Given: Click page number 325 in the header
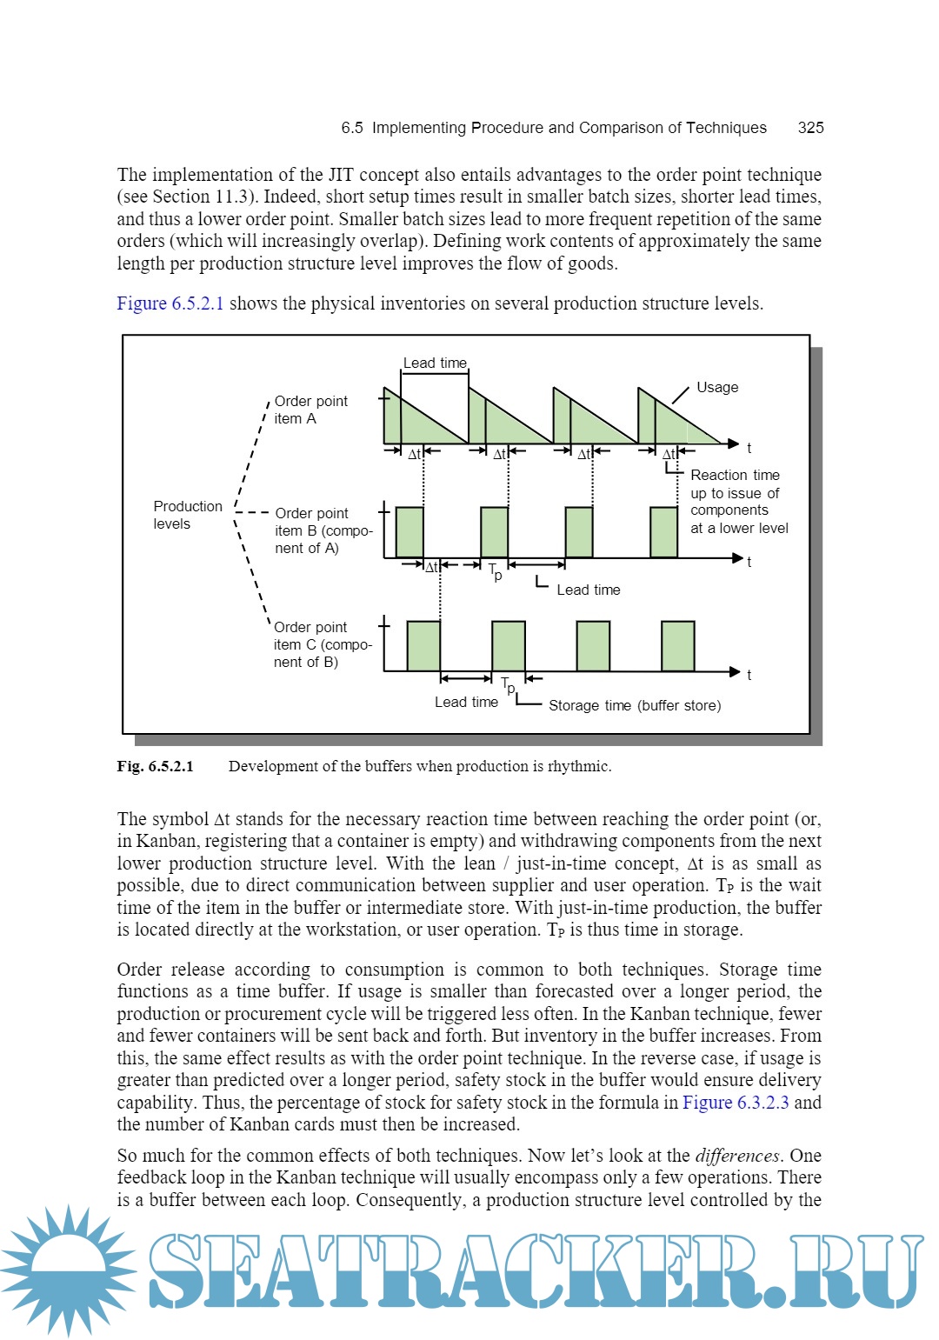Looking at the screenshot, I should [x=810, y=128].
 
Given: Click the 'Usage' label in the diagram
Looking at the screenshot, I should [x=717, y=387].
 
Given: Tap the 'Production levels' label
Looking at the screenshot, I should [x=187, y=515].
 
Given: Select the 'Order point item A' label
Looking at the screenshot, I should [x=310, y=410].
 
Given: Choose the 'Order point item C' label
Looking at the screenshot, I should [x=321, y=644].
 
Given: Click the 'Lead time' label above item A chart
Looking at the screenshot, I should [x=435, y=363].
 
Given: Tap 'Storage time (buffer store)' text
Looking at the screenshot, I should [x=635, y=705].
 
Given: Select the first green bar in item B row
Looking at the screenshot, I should [x=410, y=531].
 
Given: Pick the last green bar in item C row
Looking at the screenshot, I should [x=677, y=645].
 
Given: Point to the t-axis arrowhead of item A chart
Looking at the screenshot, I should [x=734, y=443].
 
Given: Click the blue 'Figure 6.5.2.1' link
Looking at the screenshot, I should [x=170, y=303].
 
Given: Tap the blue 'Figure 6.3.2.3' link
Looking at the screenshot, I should [x=736, y=1103].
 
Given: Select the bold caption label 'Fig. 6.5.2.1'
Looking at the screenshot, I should [x=156, y=766].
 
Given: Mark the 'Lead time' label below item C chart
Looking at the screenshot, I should [x=466, y=702].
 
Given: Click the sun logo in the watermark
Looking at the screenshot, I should [x=68, y=1270].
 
